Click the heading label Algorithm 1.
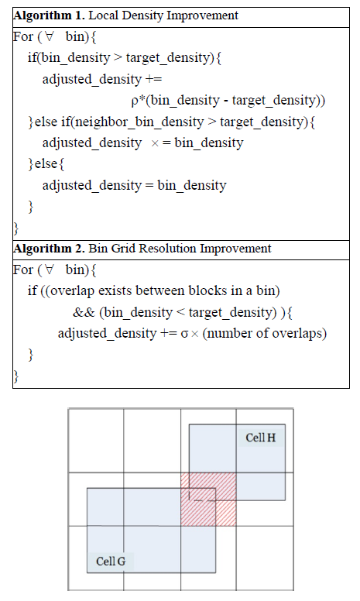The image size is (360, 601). coord(49,15)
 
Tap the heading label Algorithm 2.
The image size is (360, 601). coord(49,249)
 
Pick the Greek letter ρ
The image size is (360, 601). coord(135,101)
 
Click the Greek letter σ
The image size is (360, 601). coord(184,334)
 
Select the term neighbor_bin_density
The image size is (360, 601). coord(139,122)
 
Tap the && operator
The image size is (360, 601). coord(84,312)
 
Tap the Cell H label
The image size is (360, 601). coord(260,438)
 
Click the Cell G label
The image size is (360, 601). coord(111,562)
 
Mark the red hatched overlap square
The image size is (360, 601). coord(208,499)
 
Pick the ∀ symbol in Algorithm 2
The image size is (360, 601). coord(49,270)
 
